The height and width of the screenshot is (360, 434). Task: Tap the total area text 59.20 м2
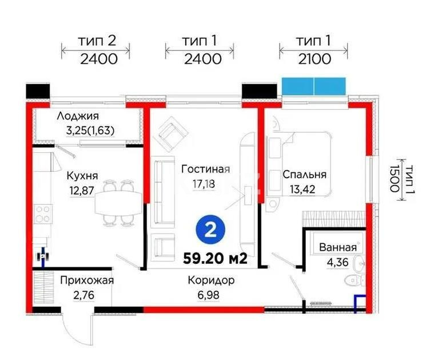[x=215, y=258]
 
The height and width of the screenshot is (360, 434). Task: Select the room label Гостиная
[x=205, y=169]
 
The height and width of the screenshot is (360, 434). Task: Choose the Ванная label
[x=337, y=247]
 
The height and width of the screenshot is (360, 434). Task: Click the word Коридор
[x=211, y=281]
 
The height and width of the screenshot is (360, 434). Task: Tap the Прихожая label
[x=87, y=280]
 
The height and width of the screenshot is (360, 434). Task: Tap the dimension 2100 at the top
[x=313, y=59]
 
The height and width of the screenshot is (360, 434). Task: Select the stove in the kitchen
[x=43, y=216]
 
